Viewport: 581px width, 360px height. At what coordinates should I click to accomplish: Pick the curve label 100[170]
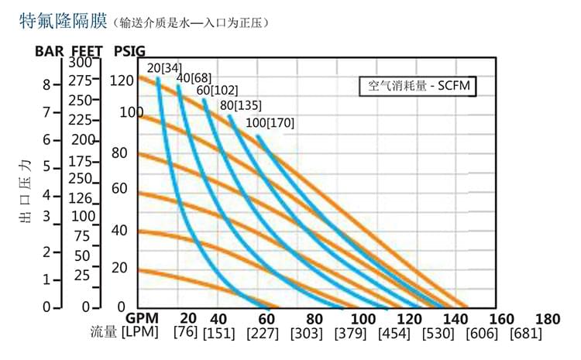[x=270, y=122]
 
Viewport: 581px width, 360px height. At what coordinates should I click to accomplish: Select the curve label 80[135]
[x=241, y=105]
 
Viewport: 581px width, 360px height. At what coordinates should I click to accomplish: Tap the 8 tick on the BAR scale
[x=46, y=84]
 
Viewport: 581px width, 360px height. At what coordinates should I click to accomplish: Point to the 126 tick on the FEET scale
[x=81, y=197]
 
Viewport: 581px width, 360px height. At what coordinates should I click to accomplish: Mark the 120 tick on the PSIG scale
[x=122, y=80]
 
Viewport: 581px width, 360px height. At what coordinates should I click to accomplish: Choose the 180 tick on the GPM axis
[x=547, y=318]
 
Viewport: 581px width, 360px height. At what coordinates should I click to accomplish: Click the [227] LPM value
[x=263, y=334]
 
